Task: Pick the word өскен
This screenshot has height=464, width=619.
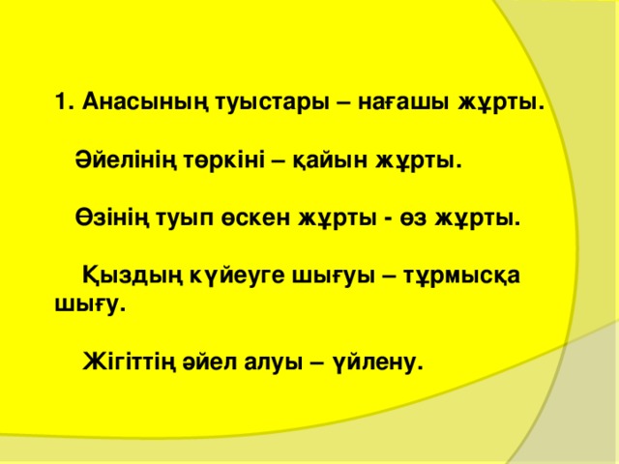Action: coord(252,219)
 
